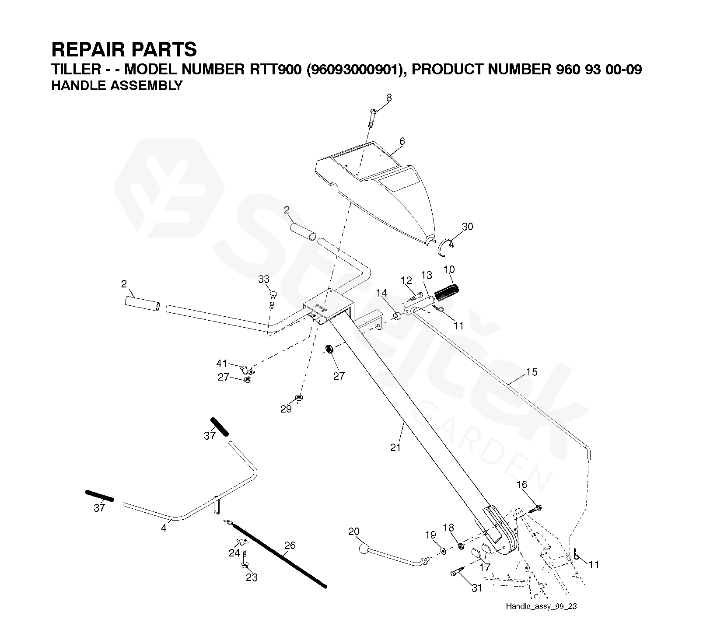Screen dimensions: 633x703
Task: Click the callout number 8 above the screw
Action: pyautogui.click(x=389, y=98)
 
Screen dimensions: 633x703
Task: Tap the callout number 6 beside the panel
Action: pyautogui.click(x=402, y=141)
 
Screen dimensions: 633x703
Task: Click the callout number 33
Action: pyautogui.click(x=263, y=279)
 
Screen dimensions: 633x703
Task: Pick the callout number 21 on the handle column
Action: pyautogui.click(x=395, y=447)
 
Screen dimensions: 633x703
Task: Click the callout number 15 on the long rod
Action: pyautogui.click(x=531, y=372)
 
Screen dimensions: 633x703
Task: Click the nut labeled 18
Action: pyautogui.click(x=461, y=546)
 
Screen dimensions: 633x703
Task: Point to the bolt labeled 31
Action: pyautogui.click(x=458, y=572)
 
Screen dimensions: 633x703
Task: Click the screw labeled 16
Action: pyautogui.click(x=536, y=508)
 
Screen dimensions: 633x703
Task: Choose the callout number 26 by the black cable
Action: pyautogui.click(x=290, y=545)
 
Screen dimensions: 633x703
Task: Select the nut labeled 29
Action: pyautogui.click(x=299, y=398)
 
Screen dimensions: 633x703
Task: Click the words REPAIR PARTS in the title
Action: pyautogui.click(x=124, y=49)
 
